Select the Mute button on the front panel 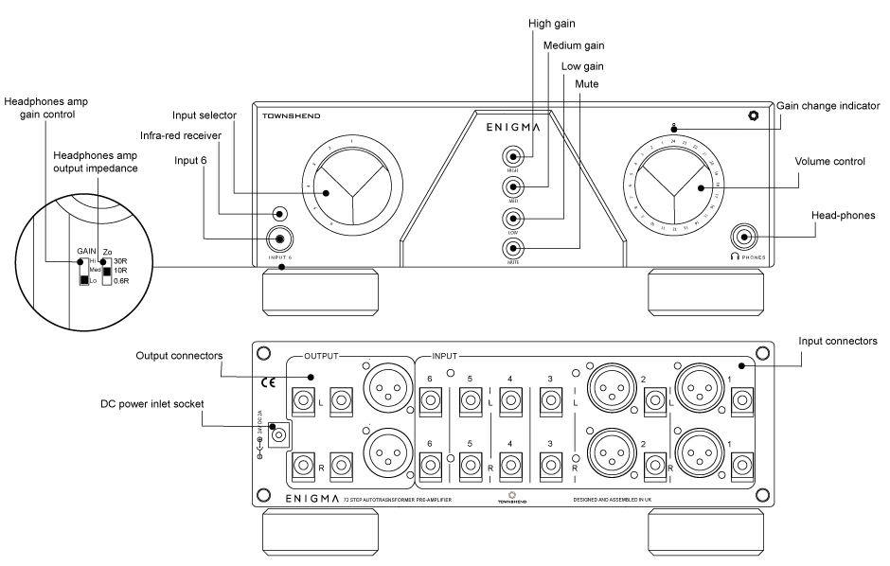point(513,249)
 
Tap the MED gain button point(513,186)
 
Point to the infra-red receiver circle point(278,214)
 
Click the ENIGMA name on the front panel point(513,125)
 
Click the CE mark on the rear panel point(268,383)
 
